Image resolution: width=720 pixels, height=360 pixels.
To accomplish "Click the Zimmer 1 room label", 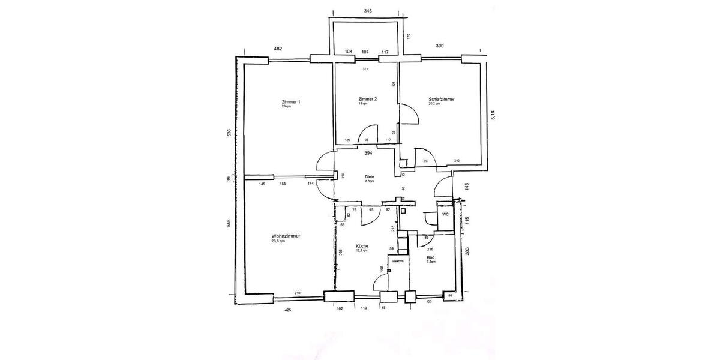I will click(290, 102).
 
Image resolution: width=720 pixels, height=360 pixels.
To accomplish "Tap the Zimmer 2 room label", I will click(367, 99).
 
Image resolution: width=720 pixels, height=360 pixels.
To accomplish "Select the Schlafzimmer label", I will click(441, 99).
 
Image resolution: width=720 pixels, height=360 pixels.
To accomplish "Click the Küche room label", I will click(362, 246).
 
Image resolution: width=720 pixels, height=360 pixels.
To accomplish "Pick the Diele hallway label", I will click(370, 176).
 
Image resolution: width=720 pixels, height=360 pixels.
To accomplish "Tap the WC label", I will click(446, 214).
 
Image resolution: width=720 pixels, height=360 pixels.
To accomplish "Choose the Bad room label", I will click(431, 257).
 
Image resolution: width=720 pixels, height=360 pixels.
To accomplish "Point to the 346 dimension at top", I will click(368, 11).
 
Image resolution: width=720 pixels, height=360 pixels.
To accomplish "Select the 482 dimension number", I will click(278, 49).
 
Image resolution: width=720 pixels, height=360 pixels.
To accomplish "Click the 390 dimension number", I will click(440, 46).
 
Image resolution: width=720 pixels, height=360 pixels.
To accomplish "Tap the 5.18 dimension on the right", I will click(494, 115).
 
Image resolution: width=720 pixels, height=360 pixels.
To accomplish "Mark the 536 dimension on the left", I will click(229, 133).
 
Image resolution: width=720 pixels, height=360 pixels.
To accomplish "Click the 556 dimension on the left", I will click(229, 223).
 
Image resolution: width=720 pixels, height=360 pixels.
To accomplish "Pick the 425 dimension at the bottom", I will click(288, 310).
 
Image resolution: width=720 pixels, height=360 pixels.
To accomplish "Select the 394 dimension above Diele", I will click(369, 153).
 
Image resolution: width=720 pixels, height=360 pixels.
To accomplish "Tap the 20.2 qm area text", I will click(434, 104).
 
